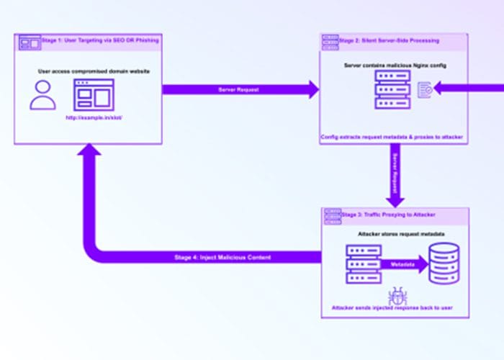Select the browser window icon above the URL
tap(94, 94)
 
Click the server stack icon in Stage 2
tap(392, 91)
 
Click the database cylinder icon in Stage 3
tap(444, 264)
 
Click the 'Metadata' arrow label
tap(401, 264)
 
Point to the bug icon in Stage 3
tap(395, 295)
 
